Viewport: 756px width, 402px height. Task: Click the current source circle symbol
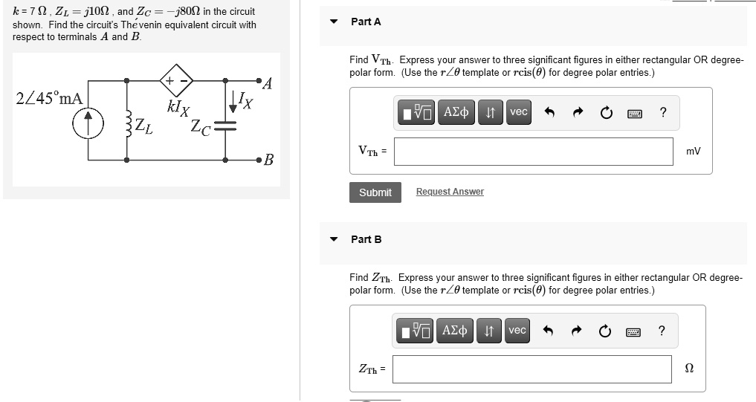coord(89,124)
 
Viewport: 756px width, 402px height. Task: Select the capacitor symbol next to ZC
coord(225,126)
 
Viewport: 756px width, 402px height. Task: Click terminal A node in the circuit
coord(259,80)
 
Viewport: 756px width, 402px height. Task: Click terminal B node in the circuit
coord(259,159)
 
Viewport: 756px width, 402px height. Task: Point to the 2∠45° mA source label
coord(49,98)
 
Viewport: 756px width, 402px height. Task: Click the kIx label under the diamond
coord(178,107)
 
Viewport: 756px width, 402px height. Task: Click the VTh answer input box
coord(533,151)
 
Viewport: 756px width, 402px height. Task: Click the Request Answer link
coord(450,192)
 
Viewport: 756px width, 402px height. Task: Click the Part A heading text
coord(366,22)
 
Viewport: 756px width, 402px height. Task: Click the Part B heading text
coord(366,239)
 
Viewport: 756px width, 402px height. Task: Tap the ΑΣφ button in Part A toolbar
coord(456,112)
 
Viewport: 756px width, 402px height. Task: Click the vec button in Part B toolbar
coord(517,330)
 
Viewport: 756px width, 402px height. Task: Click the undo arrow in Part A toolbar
coord(550,113)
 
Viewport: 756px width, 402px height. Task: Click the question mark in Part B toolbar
coord(662,331)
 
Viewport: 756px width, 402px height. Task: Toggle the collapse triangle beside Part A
coord(335,22)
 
